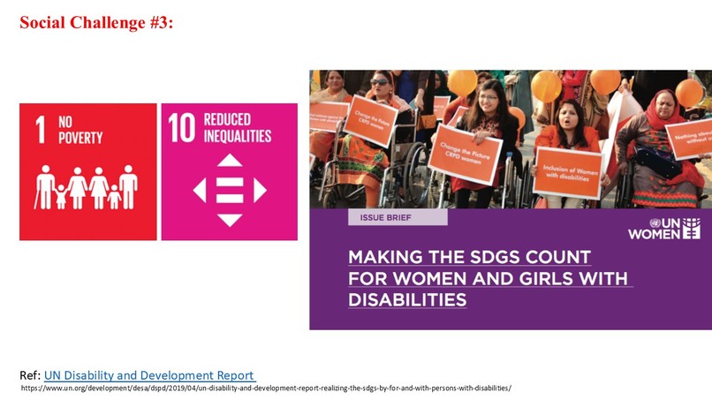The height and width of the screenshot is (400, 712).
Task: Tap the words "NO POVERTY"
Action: click(x=80, y=130)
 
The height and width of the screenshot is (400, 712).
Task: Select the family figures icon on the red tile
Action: click(x=87, y=187)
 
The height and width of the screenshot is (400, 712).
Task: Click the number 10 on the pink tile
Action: click(x=182, y=129)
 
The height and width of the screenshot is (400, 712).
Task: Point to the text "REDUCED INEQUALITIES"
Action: click(x=237, y=129)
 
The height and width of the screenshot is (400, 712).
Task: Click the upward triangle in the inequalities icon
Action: click(x=230, y=161)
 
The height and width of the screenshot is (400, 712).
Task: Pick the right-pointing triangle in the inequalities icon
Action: click(x=260, y=190)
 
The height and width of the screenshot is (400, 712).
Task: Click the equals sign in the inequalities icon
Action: click(x=230, y=190)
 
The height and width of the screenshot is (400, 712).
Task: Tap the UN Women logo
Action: click(x=663, y=228)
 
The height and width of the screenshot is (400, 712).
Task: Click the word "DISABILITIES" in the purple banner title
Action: click(x=407, y=301)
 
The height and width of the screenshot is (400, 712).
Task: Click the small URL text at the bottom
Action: click(x=265, y=388)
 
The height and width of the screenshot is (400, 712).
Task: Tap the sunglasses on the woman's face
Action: click(x=379, y=82)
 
